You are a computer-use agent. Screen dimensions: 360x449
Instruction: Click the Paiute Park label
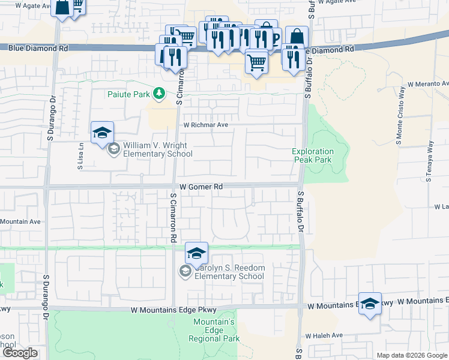129,94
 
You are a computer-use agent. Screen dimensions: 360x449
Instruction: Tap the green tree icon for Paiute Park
159,94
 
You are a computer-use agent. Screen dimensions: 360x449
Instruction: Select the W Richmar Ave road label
206,125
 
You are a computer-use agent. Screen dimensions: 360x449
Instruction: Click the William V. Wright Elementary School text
155,150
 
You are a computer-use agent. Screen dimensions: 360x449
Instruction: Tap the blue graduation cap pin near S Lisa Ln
102,132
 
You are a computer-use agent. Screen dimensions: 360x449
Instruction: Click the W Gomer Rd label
201,187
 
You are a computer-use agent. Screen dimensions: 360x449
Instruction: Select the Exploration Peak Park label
312,156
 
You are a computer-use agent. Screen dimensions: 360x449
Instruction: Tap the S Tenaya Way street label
429,161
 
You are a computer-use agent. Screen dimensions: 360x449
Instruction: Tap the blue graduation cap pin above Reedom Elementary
196,253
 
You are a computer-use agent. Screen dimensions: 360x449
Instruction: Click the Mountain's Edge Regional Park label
214,331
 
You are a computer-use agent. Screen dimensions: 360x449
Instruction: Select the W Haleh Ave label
324,335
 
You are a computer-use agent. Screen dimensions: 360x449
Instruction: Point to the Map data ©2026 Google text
411,355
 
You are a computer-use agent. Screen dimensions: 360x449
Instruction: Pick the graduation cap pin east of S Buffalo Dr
370,302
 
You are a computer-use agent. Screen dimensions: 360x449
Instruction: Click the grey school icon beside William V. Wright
114,150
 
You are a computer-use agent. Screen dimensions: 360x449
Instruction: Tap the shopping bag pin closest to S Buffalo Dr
296,37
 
